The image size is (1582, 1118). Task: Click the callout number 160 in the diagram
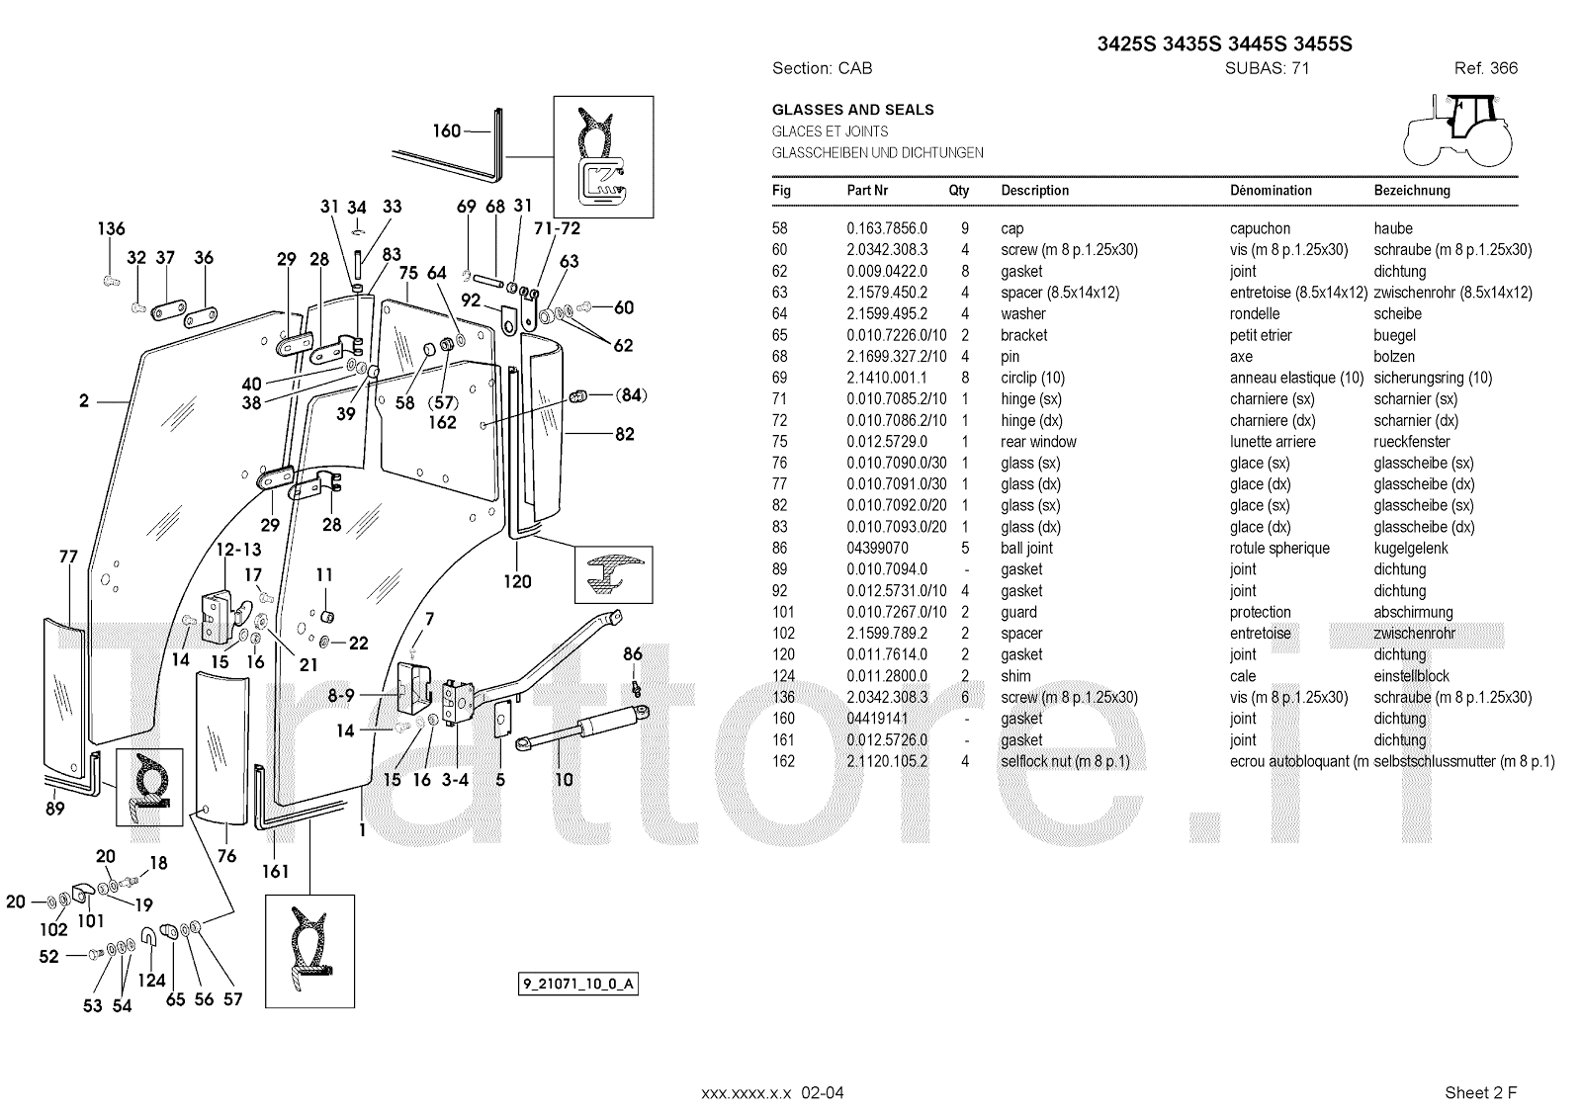(447, 129)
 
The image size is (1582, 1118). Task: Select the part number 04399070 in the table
(877, 549)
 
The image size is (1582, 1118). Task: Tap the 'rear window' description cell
(1038, 442)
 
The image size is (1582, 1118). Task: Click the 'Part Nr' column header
(867, 191)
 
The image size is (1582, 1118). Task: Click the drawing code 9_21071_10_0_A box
(577, 984)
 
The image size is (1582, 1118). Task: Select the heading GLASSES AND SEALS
(852, 110)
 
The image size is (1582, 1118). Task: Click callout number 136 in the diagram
(111, 229)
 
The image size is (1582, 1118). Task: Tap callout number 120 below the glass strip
(517, 581)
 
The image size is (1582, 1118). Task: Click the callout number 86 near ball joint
(632, 653)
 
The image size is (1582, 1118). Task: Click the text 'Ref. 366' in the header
(1485, 68)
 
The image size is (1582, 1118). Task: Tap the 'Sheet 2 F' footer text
(1480, 1092)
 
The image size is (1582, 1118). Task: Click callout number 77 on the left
(67, 558)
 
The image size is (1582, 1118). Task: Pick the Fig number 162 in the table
(783, 761)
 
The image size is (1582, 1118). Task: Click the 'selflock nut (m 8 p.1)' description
(1065, 761)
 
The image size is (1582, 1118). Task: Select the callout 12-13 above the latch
(238, 550)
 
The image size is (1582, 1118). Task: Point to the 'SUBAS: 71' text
(1267, 68)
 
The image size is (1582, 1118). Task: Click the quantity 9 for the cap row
(964, 228)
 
